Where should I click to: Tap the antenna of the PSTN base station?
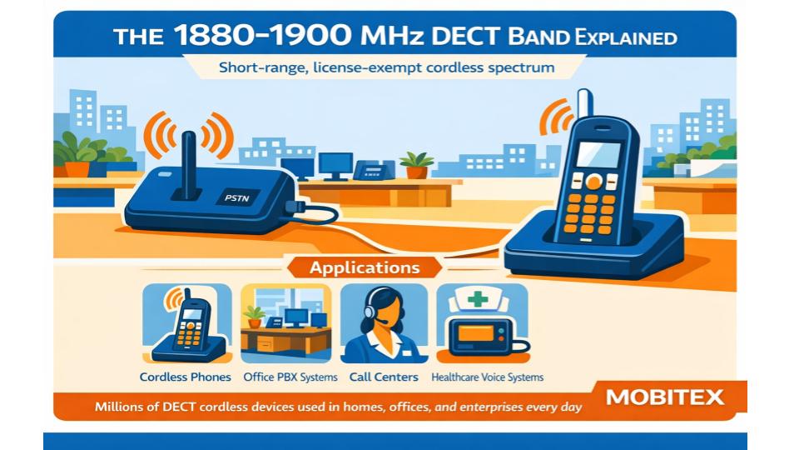(x=189, y=165)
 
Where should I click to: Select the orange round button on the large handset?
(x=593, y=182)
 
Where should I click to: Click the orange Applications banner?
(x=365, y=267)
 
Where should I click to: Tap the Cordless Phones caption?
(x=185, y=377)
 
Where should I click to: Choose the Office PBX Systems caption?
(x=290, y=377)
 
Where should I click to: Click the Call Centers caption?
(x=384, y=377)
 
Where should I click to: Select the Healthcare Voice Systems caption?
(x=487, y=377)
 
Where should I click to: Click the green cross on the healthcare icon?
(x=478, y=299)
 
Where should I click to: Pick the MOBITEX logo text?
(x=664, y=397)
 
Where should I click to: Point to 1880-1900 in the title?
(x=261, y=36)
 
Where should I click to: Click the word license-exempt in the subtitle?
(x=367, y=67)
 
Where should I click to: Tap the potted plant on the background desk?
(x=416, y=165)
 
